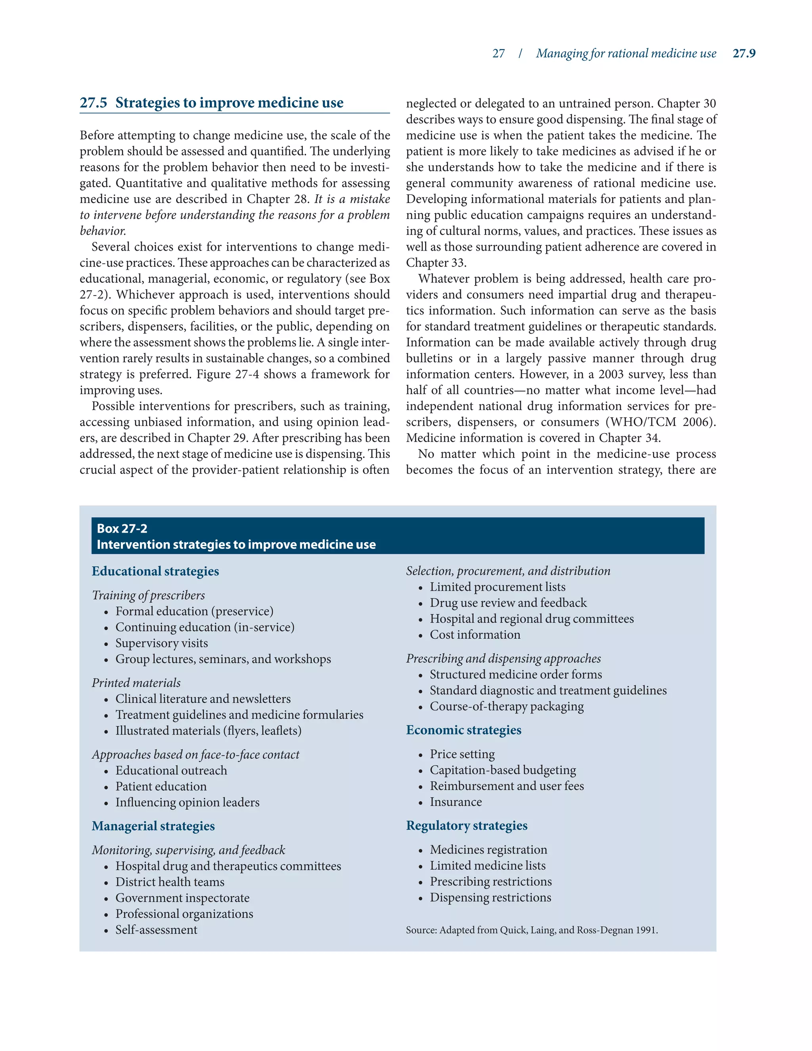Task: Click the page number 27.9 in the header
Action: coord(744,54)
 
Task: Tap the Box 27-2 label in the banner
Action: coord(122,528)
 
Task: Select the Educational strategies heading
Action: coord(155,571)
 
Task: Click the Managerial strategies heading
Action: coord(153,826)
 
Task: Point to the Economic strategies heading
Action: coord(463,730)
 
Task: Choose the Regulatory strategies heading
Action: coord(467,825)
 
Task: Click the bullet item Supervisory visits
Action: coord(162,643)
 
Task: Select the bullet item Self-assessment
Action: coord(156,930)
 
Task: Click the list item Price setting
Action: coord(462,754)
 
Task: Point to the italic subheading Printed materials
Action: coord(136,683)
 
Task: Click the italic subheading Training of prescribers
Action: coord(148,595)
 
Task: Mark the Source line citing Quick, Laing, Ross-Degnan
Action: coord(532,930)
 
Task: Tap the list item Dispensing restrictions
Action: coord(490,898)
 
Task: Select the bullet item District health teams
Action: coord(170,882)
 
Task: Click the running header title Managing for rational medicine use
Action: coord(626,54)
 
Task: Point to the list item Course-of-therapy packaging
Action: coord(507,706)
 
